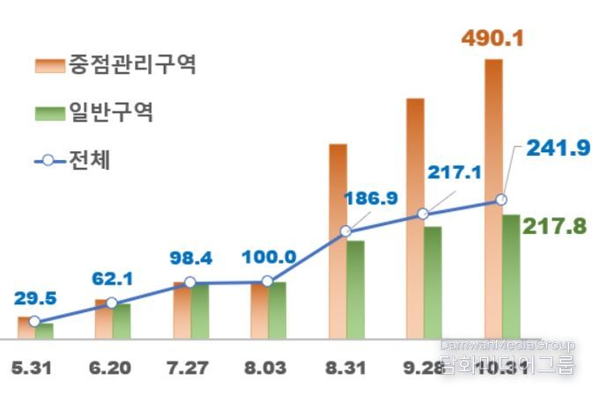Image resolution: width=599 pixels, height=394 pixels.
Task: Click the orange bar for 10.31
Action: point(493,132)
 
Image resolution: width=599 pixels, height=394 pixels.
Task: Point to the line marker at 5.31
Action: point(33,321)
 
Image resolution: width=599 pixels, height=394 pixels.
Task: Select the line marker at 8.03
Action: point(268,282)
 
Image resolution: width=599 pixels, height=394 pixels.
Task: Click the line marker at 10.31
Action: point(502,201)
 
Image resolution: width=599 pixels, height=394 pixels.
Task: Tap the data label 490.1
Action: point(492,39)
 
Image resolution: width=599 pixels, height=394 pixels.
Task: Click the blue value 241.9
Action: point(558,148)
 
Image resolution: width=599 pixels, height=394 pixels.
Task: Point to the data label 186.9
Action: point(370,198)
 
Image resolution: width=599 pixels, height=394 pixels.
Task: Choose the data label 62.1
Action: point(112,280)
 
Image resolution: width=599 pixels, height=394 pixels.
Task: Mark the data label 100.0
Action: point(269,259)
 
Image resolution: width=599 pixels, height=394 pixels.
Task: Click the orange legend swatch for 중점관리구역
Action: point(49,65)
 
